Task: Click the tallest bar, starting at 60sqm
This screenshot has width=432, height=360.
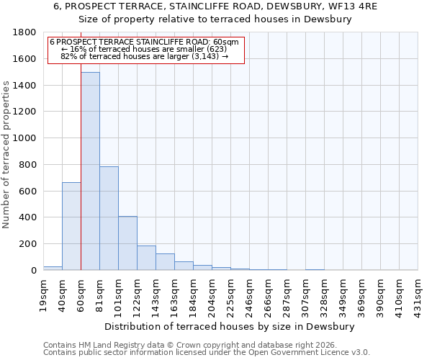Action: (90, 171)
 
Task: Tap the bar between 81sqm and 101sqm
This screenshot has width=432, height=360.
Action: (109, 218)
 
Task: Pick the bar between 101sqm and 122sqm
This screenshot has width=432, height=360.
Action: (127, 243)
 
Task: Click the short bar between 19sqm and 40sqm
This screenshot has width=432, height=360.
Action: (53, 268)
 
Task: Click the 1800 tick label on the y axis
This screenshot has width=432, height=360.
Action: (25, 32)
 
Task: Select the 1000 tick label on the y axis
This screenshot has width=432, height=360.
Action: (25, 138)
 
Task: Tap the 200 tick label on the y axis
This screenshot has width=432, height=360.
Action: (28, 244)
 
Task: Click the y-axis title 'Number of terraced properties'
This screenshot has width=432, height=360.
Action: (6, 155)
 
